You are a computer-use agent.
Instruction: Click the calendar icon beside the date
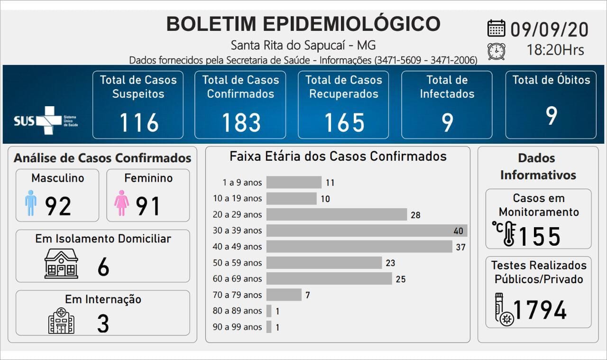point(496,28)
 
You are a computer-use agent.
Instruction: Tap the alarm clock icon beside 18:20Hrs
point(496,51)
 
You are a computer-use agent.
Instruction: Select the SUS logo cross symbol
point(49,120)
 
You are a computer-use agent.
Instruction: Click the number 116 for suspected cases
point(138,123)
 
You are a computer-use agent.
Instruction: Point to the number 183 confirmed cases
point(241,123)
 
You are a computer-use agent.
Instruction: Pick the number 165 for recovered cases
point(344,123)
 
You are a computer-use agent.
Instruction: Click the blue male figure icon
point(31,203)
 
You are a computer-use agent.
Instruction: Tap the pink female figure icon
point(122,203)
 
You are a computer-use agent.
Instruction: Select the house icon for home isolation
point(61,264)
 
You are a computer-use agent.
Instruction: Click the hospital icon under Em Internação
point(61,321)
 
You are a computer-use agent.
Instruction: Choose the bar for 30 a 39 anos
point(367,231)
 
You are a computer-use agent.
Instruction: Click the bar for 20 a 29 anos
point(336,214)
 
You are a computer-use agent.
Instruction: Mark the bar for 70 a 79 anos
point(284,295)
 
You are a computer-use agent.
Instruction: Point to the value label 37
point(460,247)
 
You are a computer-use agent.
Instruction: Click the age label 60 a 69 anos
point(237,279)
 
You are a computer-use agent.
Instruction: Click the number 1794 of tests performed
point(540,310)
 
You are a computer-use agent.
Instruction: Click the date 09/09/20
point(549,29)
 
